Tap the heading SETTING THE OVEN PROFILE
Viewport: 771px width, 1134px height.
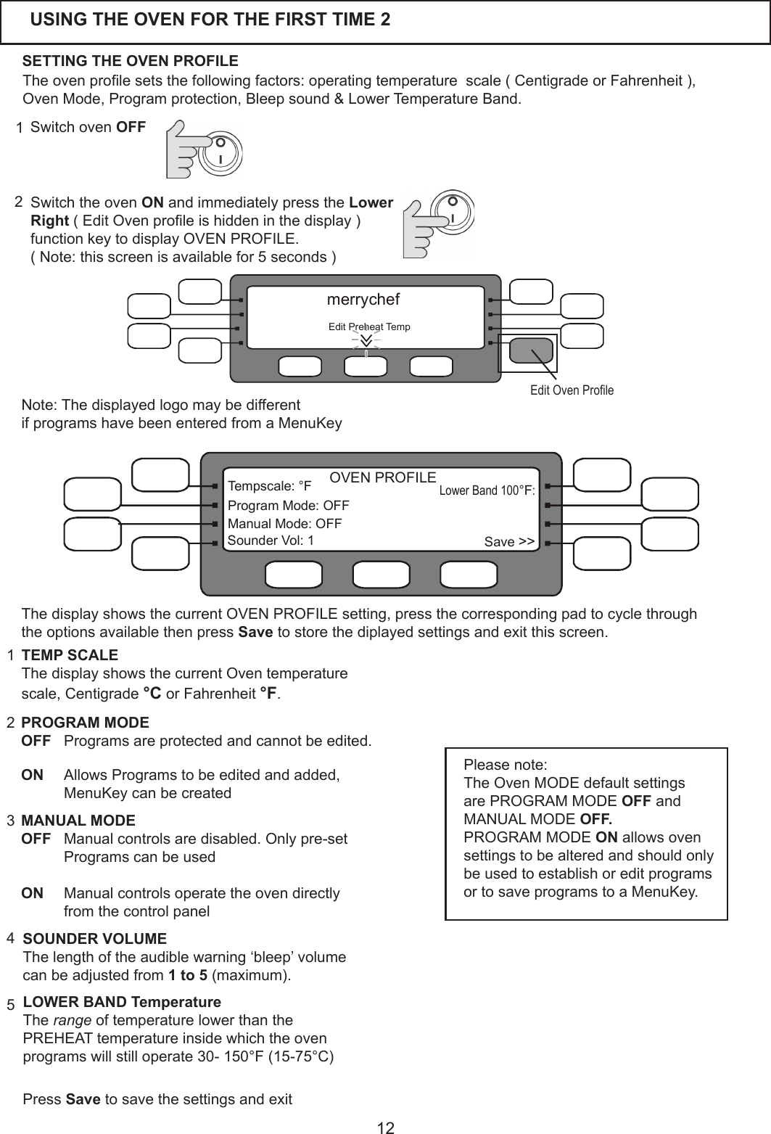(x=131, y=59)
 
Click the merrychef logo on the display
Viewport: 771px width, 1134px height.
(x=363, y=299)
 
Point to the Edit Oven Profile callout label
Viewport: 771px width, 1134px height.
(x=572, y=390)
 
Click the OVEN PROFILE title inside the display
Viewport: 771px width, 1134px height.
(x=383, y=477)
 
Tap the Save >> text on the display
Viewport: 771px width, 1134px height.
(x=509, y=542)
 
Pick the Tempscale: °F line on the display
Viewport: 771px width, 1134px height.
(x=269, y=485)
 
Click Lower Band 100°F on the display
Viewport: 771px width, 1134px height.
(x=487, y=490)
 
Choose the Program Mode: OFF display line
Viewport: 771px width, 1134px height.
(x=288, y=505)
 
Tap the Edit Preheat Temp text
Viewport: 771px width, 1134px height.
(x=369, y=327)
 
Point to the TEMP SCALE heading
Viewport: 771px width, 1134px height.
(x=70, y=655)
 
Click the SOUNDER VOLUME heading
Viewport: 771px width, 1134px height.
(x=95, y=939)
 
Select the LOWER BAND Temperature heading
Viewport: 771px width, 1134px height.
(x=122, y=1003)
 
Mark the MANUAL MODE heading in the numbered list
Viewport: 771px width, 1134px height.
(x=78, y=821)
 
